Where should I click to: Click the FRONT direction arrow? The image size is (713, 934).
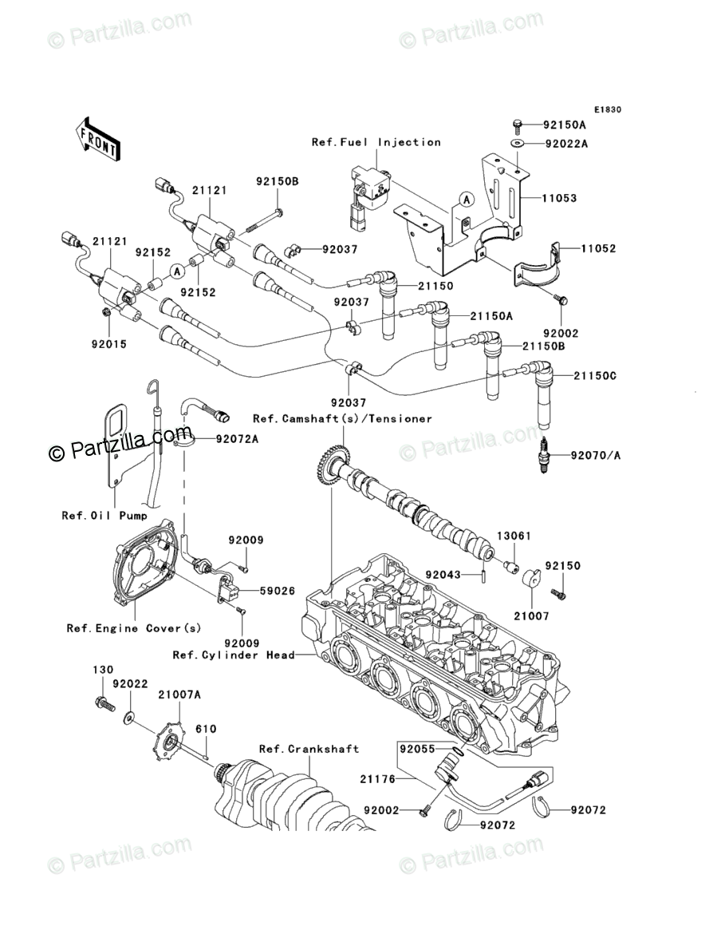[98, 137]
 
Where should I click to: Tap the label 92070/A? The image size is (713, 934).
[594, 455]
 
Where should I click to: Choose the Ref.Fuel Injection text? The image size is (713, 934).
[376, 142]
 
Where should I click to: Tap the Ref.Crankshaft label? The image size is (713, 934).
[309, 749]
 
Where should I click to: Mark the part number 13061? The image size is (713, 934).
[514, 536]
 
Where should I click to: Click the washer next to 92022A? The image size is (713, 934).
[518, 144]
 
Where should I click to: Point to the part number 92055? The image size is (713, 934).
[418, 750]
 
